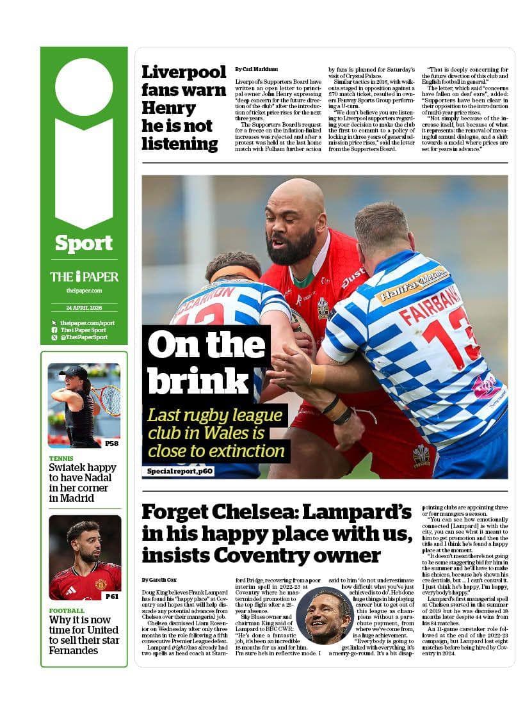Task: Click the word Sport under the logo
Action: click(84, 243)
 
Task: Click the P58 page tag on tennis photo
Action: click(111, 443)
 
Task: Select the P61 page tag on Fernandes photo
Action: click(111, 596)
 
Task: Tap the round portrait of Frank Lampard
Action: click(325, 614)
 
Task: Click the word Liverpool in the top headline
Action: click(184, 72)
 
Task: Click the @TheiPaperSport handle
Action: click(84, 337)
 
